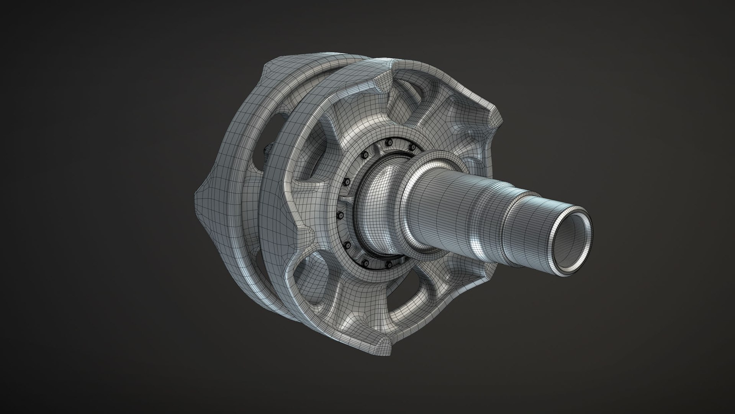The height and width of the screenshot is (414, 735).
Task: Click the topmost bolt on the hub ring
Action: (x=389, y=143)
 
